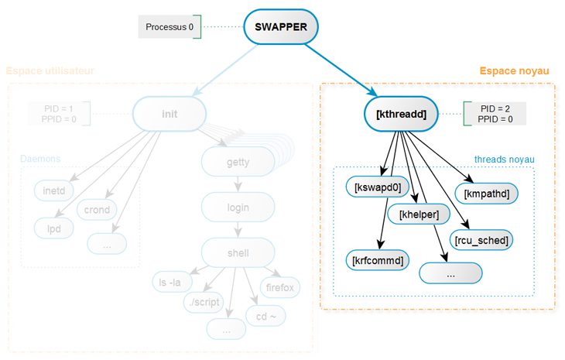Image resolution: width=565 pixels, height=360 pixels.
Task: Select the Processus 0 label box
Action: (169, 27)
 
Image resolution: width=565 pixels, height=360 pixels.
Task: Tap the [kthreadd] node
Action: (399, 114)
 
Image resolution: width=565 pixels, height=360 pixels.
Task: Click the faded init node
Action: (169, 114)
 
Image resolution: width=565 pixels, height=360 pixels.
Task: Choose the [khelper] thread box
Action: (419, 214)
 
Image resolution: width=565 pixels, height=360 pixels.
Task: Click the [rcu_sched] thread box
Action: (481, 240)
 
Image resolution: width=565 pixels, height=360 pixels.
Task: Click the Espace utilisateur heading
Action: (50, 71)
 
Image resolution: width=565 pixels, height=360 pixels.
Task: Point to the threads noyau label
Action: (505, 159)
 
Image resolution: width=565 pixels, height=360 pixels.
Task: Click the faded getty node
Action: (238, 162)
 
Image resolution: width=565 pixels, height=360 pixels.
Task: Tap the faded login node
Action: (238, 207)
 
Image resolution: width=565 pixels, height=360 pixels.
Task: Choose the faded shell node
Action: (238, 252)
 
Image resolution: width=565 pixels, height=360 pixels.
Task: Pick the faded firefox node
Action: (280, 287)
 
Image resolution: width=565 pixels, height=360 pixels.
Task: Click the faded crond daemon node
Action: (97, 209)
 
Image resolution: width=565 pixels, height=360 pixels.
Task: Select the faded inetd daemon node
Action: (53, 190)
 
